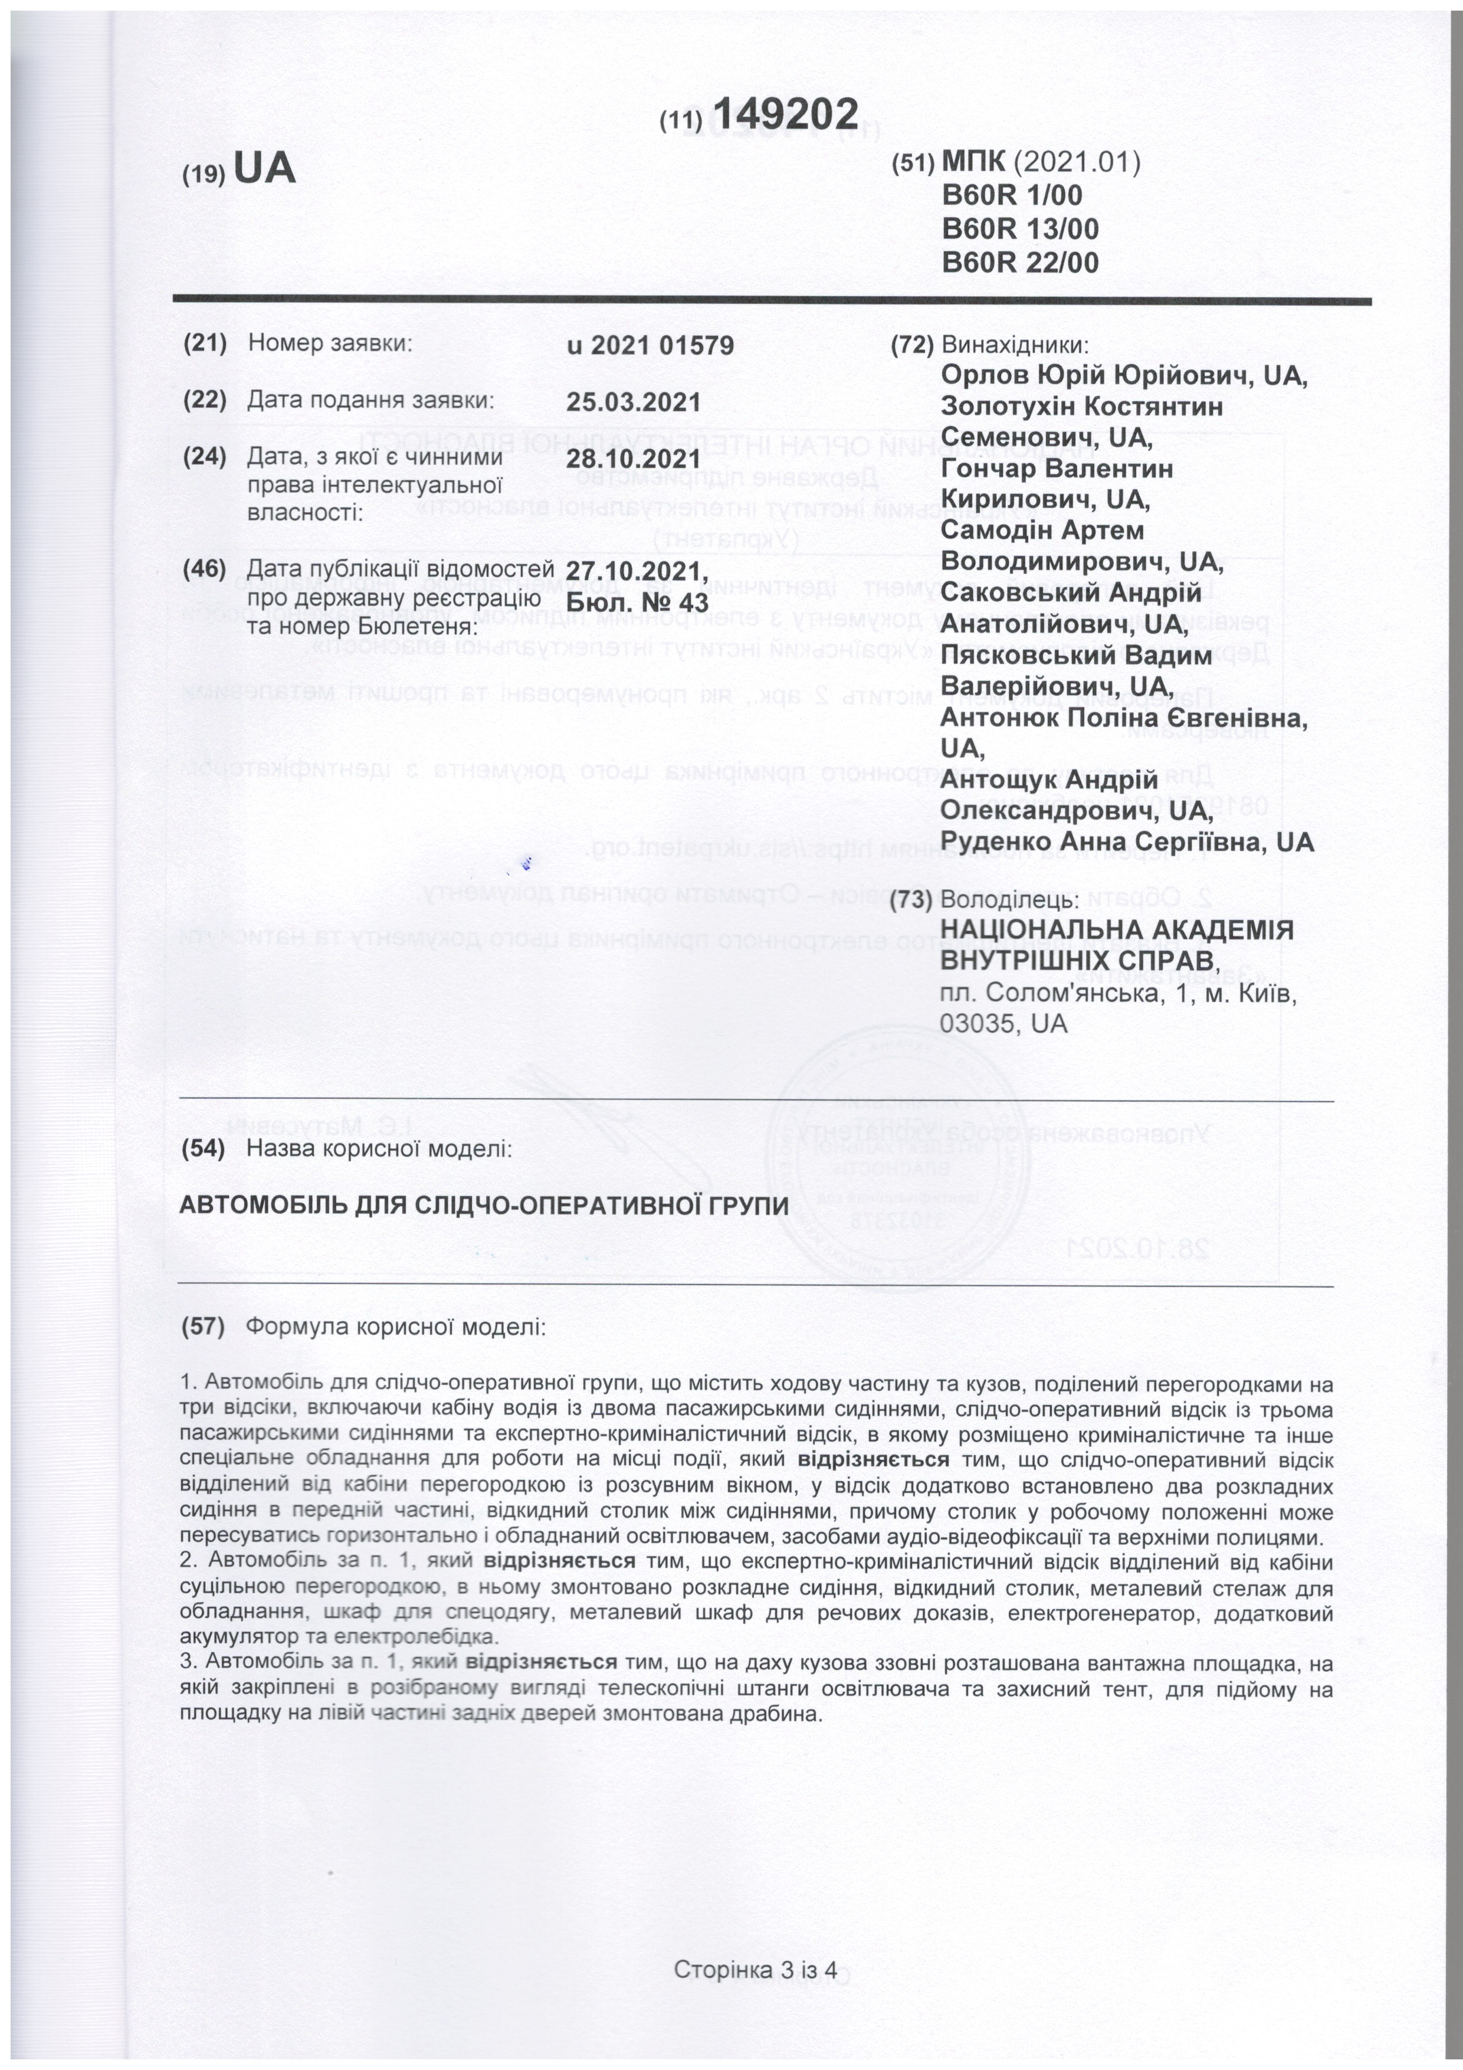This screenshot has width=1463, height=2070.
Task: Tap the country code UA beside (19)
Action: (264, 169)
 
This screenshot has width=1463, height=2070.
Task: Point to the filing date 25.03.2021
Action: (633, 402)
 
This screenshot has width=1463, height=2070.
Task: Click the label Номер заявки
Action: (329, 343)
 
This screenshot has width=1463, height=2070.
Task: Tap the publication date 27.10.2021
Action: (633, 571)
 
